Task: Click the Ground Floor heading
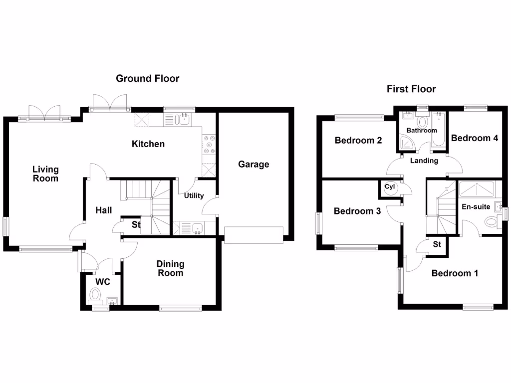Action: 147,78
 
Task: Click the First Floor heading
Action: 411,89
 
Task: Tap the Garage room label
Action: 254,164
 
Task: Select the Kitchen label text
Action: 148,144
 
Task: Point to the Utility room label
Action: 194,195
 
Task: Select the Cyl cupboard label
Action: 390,187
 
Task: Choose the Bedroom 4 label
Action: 475,138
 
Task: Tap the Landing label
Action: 424,161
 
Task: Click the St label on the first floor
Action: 437,244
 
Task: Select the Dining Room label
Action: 170,268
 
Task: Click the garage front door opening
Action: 254,234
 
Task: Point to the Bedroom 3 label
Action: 357,211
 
